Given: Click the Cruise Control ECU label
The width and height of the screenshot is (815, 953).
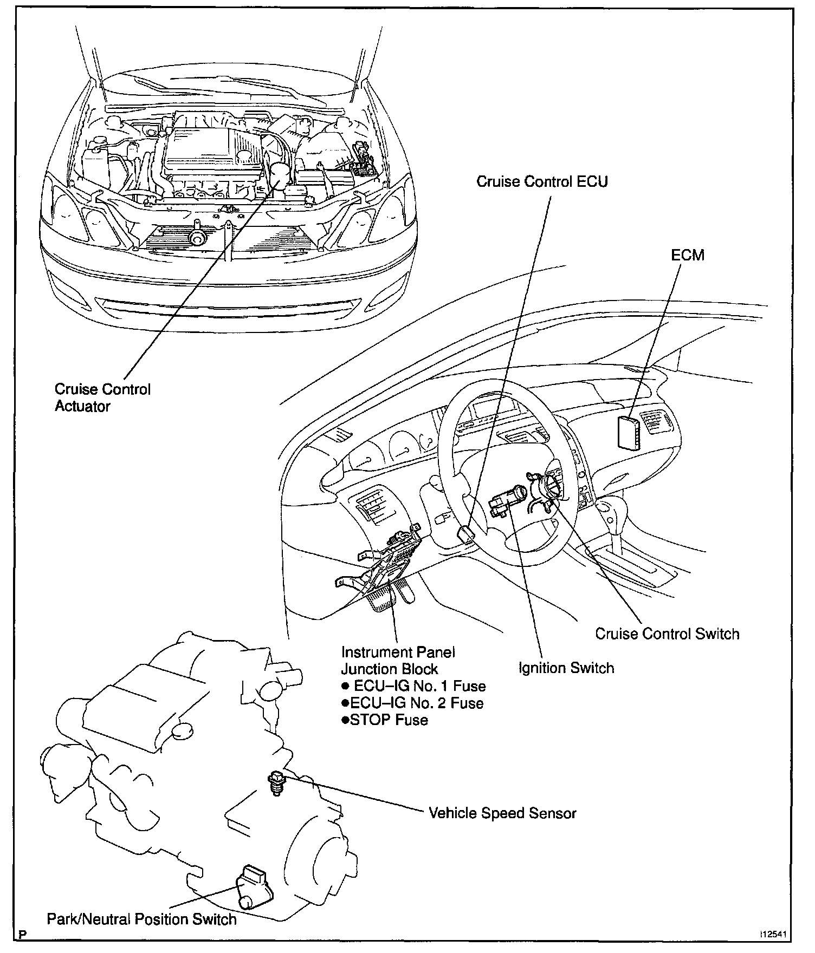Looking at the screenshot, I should click(x=542, y=181).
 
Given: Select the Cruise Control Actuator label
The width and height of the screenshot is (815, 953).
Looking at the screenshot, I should click(x=102, y=397).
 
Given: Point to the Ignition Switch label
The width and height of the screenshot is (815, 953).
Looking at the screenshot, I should click(x=566, y=668).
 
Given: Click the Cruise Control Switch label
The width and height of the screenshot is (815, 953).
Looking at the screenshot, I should click(x=667, y=634).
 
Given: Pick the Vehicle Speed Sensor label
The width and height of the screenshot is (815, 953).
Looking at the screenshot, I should click(x=502, y=813).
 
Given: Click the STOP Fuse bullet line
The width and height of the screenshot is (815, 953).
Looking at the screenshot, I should click(x=385, y=720).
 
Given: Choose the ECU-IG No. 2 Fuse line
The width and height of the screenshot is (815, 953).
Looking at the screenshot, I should click(x=412, y=703).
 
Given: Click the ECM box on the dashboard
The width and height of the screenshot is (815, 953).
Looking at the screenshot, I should click(x=629, y=432).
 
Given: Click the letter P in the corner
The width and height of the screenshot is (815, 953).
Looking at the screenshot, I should click(x=23, y=938).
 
